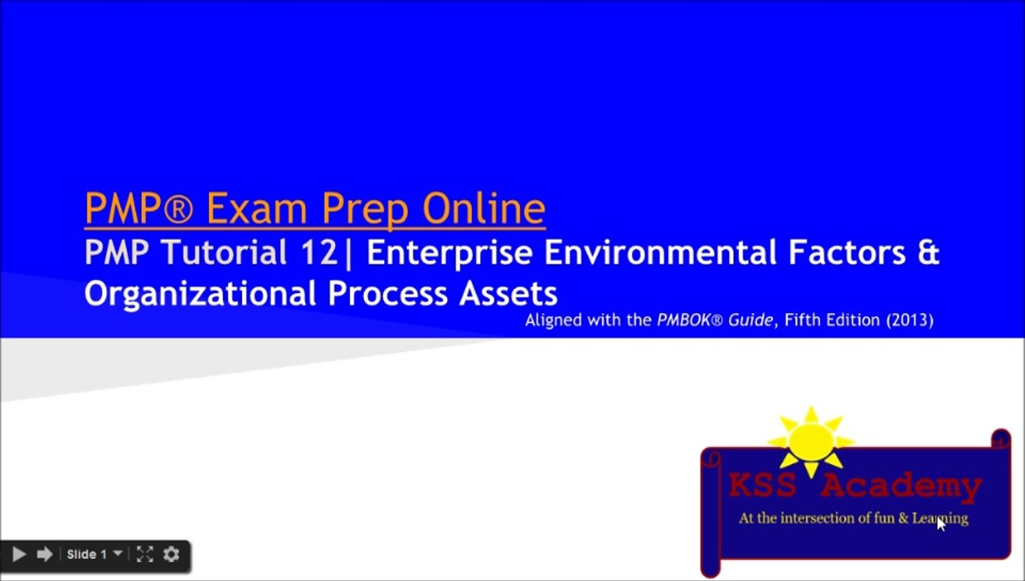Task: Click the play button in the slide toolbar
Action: tap(19, 554)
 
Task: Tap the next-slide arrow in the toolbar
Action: tap(44, 554)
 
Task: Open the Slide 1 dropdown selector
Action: tap(94, 554)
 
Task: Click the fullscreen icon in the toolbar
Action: tap(144, 554)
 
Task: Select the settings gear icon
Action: tap(171, 554)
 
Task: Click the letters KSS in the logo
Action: tap(763, 487)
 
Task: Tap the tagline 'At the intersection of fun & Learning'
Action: tap(852, 519)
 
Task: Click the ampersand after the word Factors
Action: tap(928, 253)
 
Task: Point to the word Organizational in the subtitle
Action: tap(201, 293)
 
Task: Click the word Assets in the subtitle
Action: tap(508, 293)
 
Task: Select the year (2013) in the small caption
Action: tap(910, 320)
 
